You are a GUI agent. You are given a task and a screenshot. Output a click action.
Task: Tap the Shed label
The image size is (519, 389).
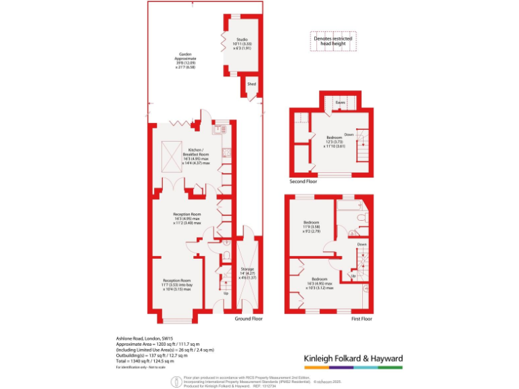(x=251, y=84)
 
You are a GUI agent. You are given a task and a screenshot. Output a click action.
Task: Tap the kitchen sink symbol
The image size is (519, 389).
(x=220, y=128)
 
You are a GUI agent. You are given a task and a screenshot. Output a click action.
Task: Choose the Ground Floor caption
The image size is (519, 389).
(x=248, y=318)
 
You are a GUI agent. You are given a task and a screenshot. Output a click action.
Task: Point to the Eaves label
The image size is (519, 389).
(x=341, y=103)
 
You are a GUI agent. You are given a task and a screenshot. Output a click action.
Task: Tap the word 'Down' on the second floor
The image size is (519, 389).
(x=349, y=134)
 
